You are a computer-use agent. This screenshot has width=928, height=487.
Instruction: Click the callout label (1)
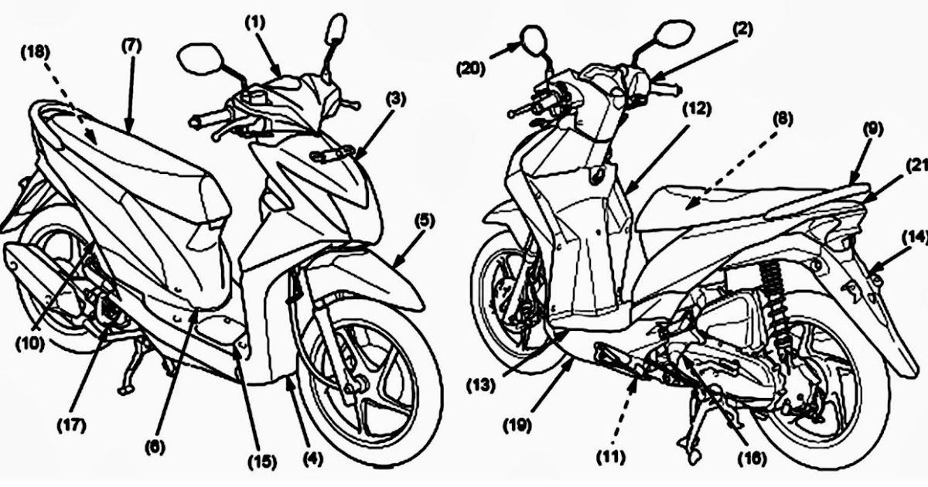pyautogui.click(x=256, y=22)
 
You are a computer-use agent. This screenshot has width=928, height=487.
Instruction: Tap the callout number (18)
pyautogui.click(x=36, y=53)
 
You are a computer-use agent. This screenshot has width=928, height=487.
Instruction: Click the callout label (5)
pyautogui.click(x=424, y=220)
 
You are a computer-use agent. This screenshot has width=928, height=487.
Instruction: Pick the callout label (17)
pyautogui.click(x=75, y=424)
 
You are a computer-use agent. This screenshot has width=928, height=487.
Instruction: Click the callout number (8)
pyautogui.click(x=782, y=120)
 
